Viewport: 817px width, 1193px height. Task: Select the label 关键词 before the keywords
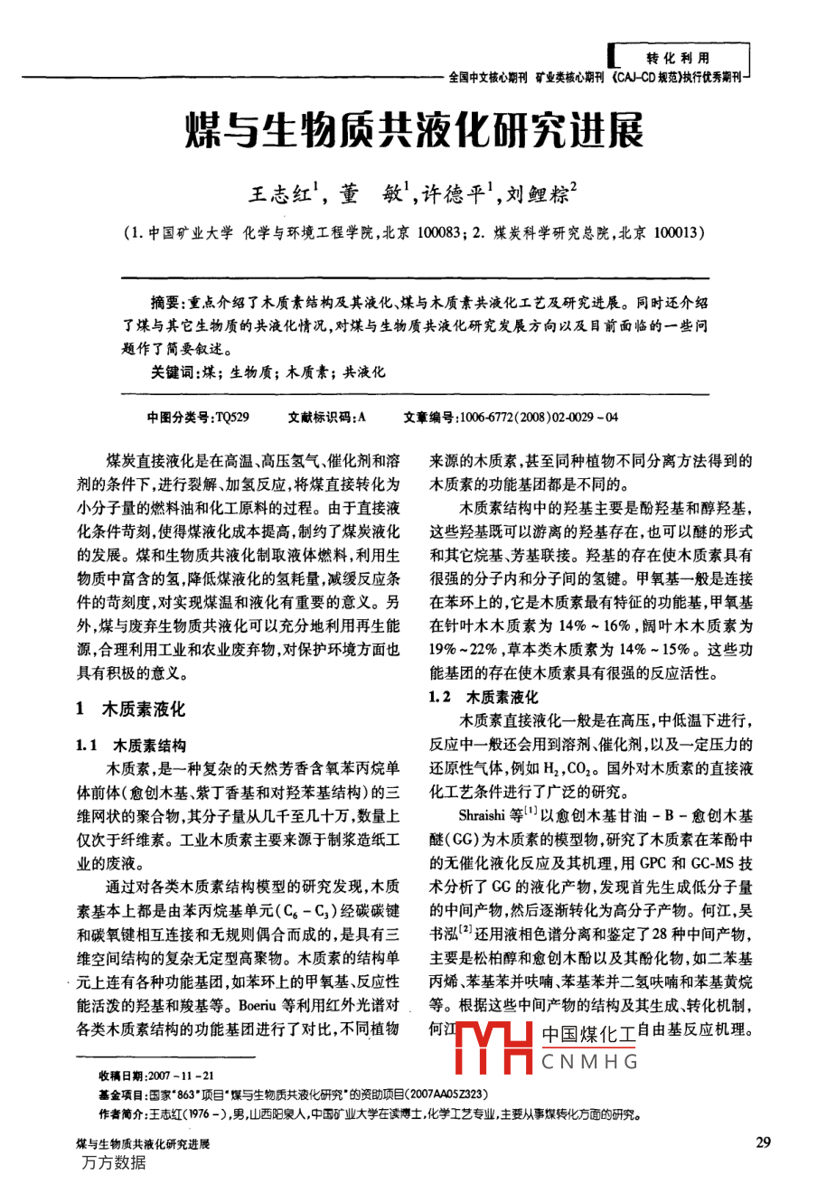tap(173, 371)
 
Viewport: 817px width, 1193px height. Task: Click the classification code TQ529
tap(232, 418)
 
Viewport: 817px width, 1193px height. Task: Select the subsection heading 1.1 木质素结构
tap(131, 746)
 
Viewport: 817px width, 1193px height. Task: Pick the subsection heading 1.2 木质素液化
tap(483, 697)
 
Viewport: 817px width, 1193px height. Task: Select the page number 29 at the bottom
tap(763, 1143)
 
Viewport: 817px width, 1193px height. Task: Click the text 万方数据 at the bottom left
tap(113, 1162)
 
